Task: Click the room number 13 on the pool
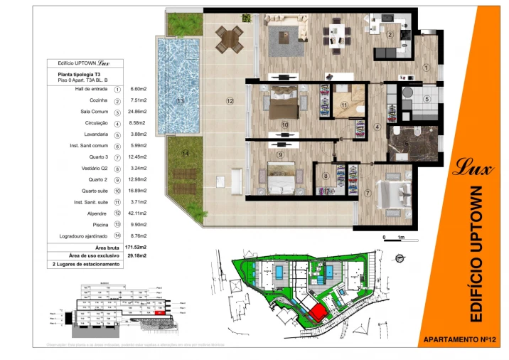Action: coord(181,101)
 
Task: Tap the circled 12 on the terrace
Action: coord(230,101)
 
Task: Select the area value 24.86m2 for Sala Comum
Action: coord(137,112)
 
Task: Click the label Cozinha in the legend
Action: coord(99,101)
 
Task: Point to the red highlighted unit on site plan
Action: coord(317,312)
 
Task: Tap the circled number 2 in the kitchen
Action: coord(390,34)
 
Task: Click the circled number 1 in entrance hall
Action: coord(426,68)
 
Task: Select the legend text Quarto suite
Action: coord(95,191)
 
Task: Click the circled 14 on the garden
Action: coord(185,153)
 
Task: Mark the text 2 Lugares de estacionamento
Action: coord(87,264)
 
